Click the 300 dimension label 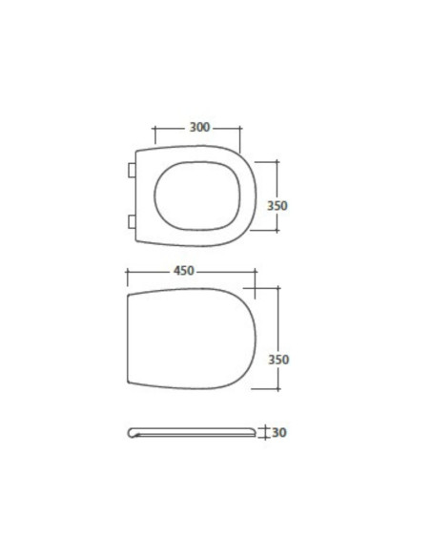(x=199, y=127)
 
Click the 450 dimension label (x=184, y=271)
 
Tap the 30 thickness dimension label (x=279, y=433)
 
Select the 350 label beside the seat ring (x=277, y=206)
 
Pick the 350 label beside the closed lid (x=278, y=360)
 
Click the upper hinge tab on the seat (x=132, y=170)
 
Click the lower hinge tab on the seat (x=132, y=221)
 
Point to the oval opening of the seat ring (x=197, y=196)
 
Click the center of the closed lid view (x=192, y=339)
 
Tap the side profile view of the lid (x=192, y=433)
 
